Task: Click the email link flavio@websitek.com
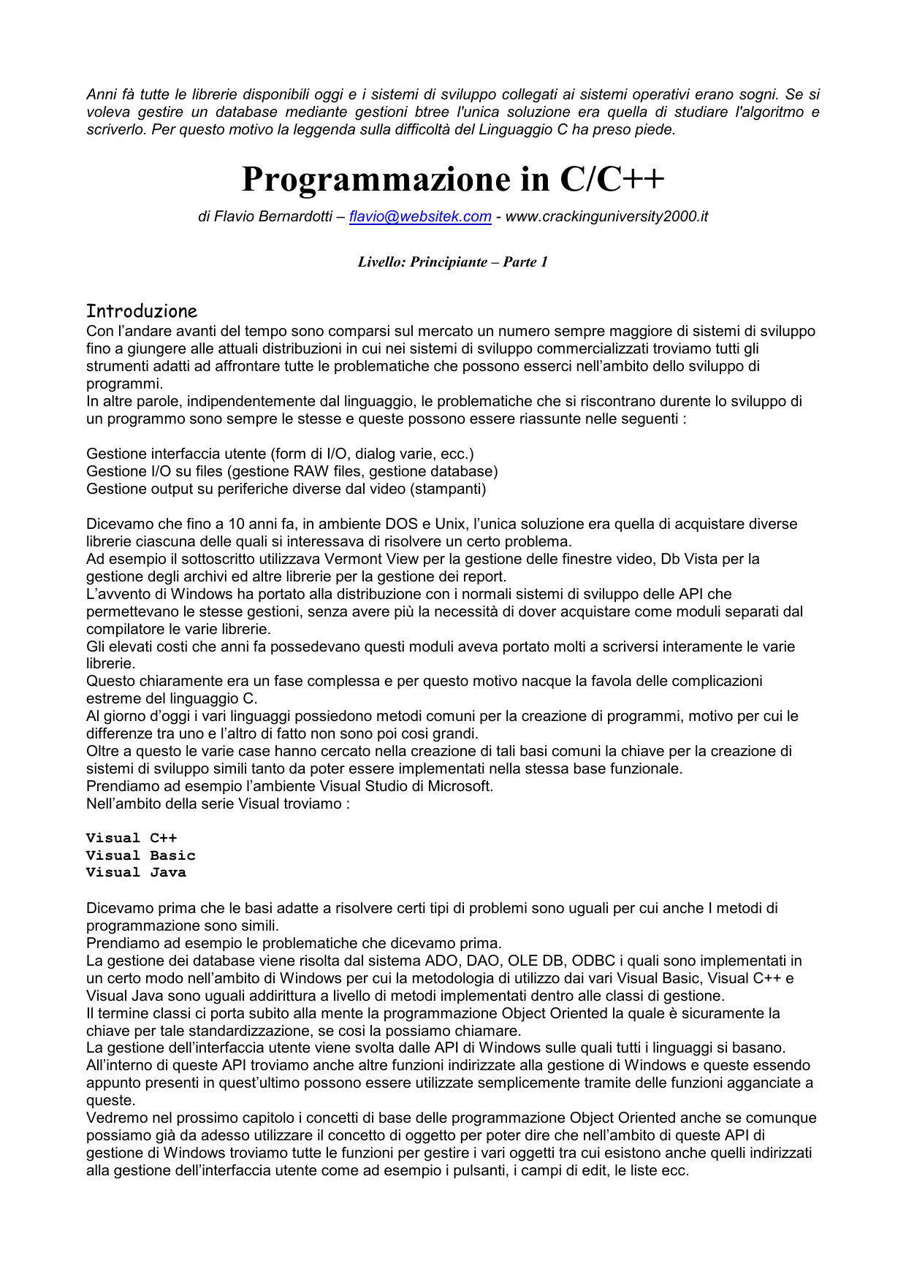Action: (420, 217)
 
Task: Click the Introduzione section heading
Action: (142, 311)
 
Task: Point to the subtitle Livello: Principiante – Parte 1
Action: (452, 262)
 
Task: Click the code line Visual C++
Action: (132, 838)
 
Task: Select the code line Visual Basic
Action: (141, 855)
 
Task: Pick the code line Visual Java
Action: (136, 872)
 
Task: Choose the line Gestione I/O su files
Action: (292, 471)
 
